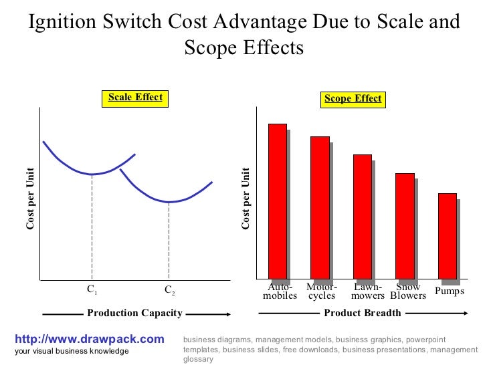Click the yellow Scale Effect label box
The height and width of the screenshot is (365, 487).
pos(135,98)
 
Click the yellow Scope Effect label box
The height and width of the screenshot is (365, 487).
pos(353,99)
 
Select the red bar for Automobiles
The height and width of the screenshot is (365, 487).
pos(277,201)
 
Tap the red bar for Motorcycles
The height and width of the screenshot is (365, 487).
pos(320,207)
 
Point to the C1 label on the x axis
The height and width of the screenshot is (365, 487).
pos(92,290)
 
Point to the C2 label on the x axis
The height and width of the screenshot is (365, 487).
pos(169,291)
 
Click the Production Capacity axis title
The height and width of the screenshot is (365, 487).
pos(134,313)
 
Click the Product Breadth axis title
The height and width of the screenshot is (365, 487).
pos(362,313)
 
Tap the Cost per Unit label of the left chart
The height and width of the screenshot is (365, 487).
pos(30,199)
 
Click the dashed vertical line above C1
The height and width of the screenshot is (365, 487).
pos(92,227)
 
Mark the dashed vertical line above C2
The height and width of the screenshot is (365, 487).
pos(169,241)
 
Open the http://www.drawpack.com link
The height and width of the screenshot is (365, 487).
pos(89,339)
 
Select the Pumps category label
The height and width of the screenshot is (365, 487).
pos(449,291)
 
